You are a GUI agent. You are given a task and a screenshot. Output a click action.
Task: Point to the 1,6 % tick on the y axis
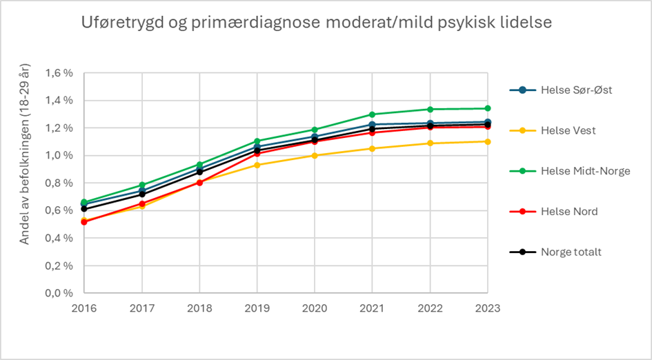point(59,73)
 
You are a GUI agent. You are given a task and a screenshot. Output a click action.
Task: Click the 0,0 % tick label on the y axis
point(59,293)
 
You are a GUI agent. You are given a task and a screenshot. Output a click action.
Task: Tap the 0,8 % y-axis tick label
point(59,183)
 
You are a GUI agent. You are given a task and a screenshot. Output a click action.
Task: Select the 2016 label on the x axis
point(84,308)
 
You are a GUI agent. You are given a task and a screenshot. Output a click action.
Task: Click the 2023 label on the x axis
point(487,308)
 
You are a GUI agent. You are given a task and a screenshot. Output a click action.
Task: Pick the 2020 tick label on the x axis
point(315,308)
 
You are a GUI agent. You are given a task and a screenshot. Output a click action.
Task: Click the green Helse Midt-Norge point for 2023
point(487,108)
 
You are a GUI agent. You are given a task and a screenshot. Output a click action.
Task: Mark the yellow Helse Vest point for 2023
point(487,141)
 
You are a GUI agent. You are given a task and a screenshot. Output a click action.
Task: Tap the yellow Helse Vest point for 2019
point(257,165)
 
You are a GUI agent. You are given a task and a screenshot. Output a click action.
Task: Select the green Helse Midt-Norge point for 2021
point(372,114)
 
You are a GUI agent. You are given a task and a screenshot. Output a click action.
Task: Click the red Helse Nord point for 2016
point(84,222)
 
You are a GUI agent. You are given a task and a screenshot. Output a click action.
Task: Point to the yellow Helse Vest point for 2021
point(372,148)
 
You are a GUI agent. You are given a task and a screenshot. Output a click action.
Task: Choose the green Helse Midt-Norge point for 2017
point(142,185)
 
